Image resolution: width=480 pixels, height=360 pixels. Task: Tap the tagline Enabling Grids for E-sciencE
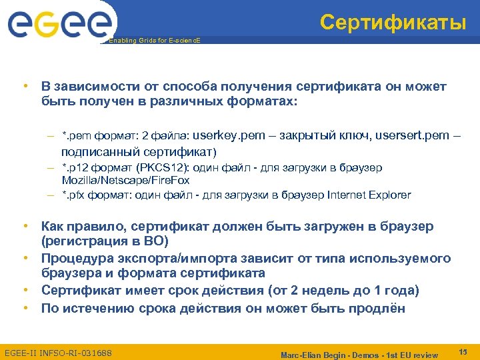coord(154,41)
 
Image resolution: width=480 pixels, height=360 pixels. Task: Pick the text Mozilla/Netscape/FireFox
coord(125,180)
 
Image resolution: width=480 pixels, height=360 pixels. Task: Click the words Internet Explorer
coord(370,195)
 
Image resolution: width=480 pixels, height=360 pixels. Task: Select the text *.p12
coord(75,167)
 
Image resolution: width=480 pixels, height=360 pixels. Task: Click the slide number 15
coord(463,351)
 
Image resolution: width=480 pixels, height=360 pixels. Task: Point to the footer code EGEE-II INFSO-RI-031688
coord(58,352)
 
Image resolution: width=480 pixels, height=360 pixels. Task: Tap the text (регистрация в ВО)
coord(105,241)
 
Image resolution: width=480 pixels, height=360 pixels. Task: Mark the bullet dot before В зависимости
coord(24,87)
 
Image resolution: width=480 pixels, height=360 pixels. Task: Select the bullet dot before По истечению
coord(24,308)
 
